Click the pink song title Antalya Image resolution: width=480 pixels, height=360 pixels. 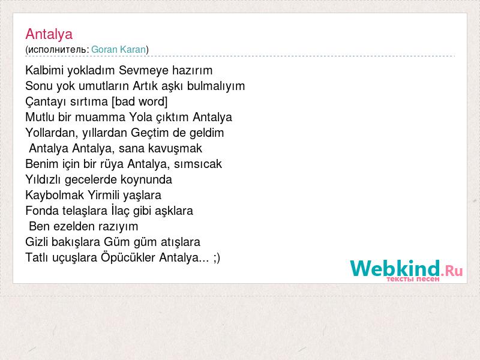49,34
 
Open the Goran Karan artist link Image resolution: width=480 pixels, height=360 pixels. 118,49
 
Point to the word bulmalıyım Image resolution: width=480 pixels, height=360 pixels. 216,86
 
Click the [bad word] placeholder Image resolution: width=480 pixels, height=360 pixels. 140,101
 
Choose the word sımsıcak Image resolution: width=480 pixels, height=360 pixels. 198,164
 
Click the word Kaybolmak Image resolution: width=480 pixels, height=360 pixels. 55,195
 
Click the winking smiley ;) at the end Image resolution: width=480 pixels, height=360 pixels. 217,258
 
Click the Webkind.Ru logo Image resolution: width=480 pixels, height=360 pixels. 406,270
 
